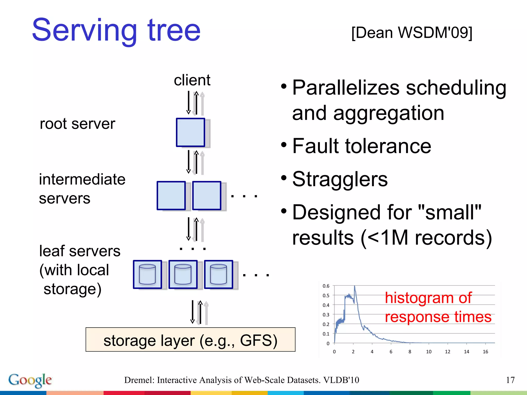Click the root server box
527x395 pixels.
click(x=190, y=132)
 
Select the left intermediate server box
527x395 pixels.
click(x=171, y=195)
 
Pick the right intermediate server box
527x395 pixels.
click(x=207, y=195)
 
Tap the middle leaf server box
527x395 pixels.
click(x=183, y=274)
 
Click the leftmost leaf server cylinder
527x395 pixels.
click(x=147, y=274)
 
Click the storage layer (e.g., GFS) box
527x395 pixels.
click(x=190, y=339)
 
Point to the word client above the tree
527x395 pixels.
click(x=192, y=80)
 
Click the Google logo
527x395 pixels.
click(x=30, y=380)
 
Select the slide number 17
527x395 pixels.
click(x=510, y=380)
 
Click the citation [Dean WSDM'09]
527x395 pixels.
click(x=412, y=33)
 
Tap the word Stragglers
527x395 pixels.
click(x=340, y=179)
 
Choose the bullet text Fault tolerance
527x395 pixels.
click(x=362, y=146)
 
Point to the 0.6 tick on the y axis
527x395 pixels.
click(x=326, y=286)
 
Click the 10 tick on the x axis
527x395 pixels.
click(x=429, y=352)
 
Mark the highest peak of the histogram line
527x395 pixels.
click(x=355, y=286)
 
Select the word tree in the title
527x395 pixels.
click(x=174, y=30)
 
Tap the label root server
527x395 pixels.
click(x=77, y=124)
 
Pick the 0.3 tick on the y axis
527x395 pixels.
click(x=326, y=315)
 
